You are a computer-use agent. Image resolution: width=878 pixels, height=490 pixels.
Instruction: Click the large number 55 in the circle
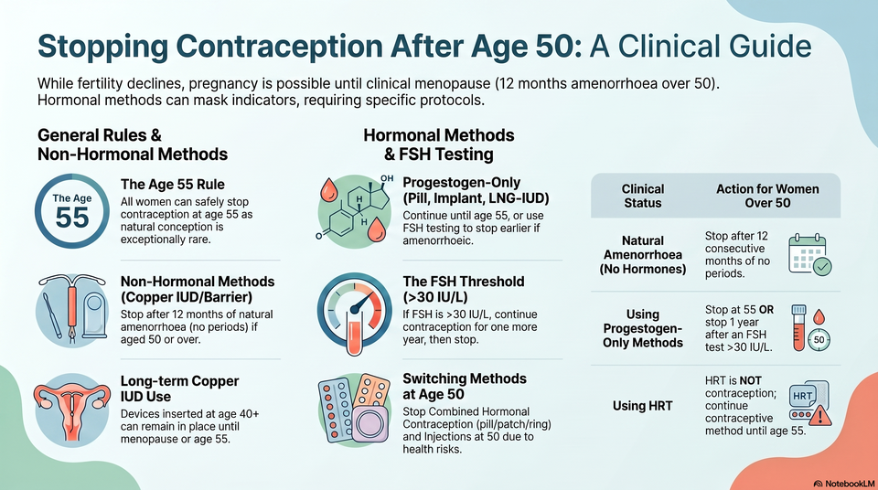pyautogui.click(x=72, y=218)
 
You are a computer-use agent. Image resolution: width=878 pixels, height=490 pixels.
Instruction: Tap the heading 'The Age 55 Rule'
pyautogui.click(x=173, y=185)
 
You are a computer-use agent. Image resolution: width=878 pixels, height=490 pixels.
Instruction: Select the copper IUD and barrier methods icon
pyautogui.click(x=72, y=309)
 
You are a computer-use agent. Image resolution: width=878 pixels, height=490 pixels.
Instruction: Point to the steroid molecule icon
pyautogui.click(x=355, y=211)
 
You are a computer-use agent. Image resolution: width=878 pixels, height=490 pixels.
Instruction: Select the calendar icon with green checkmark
pyautogui.click(x=809, y=255)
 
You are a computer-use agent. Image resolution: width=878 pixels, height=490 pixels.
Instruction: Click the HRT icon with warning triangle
pyautogui.click(x=809, y=403)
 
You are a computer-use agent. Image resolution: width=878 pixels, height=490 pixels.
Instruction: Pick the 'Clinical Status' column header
pyautogui.click(x=643, y=196)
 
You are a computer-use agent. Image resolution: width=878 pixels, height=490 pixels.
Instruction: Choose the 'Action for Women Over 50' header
pyautogui.click(x=767, y=196)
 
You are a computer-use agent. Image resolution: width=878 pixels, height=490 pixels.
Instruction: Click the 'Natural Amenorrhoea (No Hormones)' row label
pyautogui.click(x=643, y=255)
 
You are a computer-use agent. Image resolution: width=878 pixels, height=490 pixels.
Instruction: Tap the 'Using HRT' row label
pyautogui.click(x=643, y=406)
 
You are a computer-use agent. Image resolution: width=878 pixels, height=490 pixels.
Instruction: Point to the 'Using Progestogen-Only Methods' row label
pyautogui.click(x=643, y=329)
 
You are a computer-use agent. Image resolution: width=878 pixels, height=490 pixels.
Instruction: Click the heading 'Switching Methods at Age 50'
pyautogui.click(x=465, y=387)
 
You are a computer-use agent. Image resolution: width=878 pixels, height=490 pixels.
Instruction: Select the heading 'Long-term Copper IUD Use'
pyautogui.click(x=179, y=389)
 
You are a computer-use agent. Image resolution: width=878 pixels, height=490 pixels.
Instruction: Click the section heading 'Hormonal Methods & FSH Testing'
pyautogui.click(x=438, y=144)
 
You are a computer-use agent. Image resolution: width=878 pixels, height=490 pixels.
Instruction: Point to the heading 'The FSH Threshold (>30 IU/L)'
pyautogui.click(x=463, y=289)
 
